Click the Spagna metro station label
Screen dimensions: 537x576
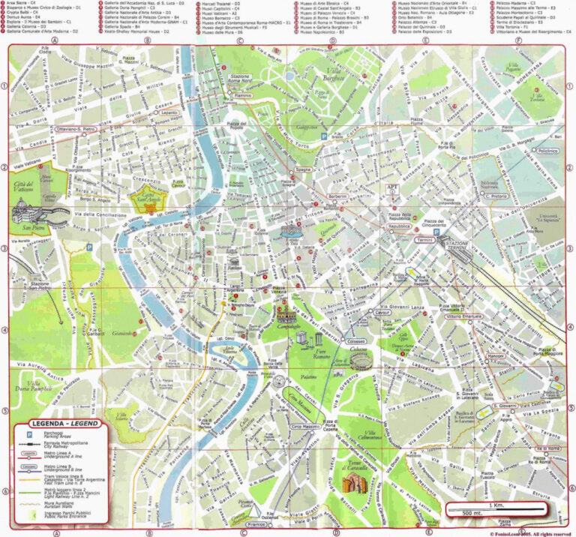coord(302,170)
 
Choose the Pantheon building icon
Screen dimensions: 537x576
coord(235,263)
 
